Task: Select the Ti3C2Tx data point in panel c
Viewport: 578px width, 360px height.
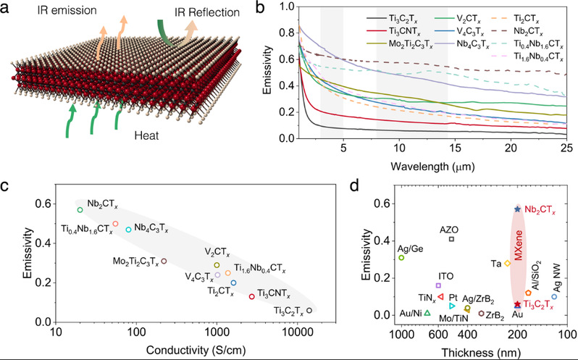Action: (309, 310)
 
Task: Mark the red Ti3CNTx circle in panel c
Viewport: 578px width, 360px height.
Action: (251, 296)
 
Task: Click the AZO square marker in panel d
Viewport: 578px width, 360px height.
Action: (451, 239)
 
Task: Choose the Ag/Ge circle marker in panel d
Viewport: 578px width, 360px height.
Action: (401, 257)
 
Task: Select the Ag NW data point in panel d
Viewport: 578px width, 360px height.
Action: (554, 296)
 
